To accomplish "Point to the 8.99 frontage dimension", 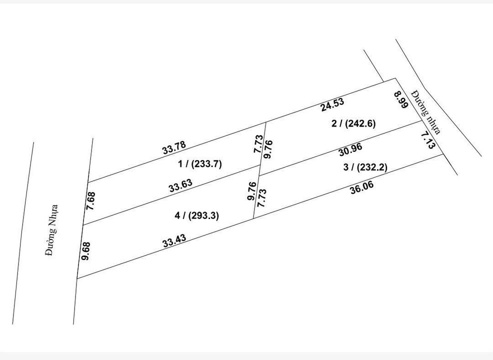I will [401, 101].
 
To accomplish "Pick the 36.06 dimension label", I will [361, 187].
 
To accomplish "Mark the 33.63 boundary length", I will [180, 186].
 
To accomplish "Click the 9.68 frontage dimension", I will [85, 250].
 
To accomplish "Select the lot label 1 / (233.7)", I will [199, 163].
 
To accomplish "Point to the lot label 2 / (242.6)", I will [353, 123].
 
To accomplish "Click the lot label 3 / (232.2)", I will [365, 167].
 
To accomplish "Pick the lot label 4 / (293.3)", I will [197, 215].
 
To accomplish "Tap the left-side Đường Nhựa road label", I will [51, 230].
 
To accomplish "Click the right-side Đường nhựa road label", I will [426, 112].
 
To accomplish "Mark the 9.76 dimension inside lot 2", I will [268, 149].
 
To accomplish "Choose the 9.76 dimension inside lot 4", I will [252, 191].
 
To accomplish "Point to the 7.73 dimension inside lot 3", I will [260, 198].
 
